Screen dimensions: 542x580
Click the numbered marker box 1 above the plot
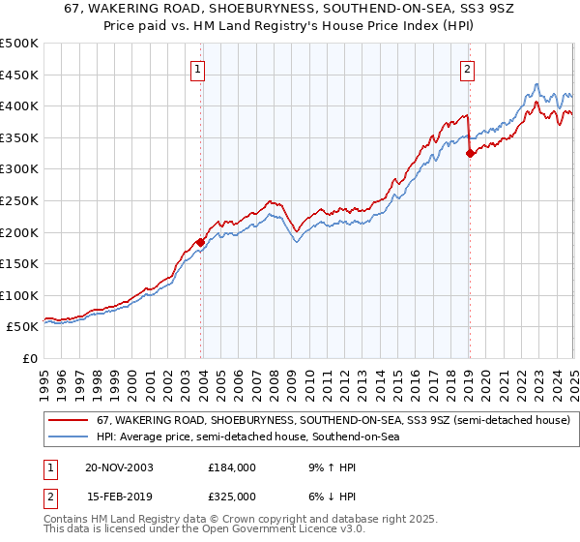(x=197, y=69)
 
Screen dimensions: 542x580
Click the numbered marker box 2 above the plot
(x=467, y=69)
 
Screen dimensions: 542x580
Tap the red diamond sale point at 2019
(x=470, y=153)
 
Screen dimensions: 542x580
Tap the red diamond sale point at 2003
(x=201, y=242)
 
